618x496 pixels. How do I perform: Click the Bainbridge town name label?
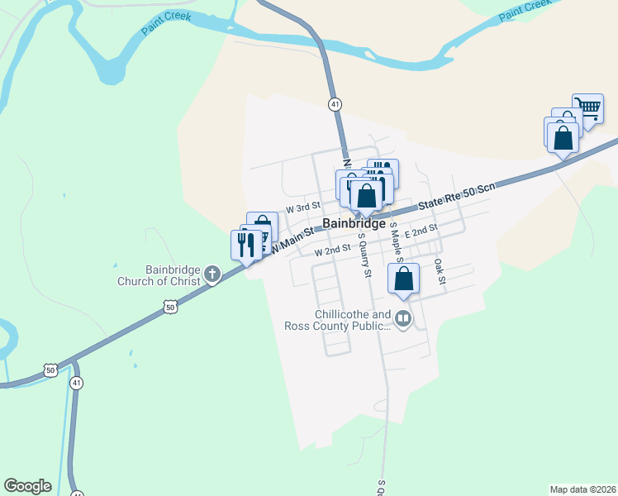(x=354, y=224)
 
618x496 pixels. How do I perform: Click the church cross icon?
(x=212, y=274)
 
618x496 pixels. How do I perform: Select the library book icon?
(x=402, y=317)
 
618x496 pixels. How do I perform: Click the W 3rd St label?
(x=302, y=209)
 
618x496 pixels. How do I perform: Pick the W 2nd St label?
(x=332, y=250)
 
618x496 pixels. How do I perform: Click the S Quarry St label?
(x=363, y=255)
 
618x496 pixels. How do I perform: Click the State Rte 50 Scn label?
(x=456, y=195)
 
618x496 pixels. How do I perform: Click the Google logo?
(x=27, y=486)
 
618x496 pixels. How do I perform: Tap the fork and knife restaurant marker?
(x=245, y=246)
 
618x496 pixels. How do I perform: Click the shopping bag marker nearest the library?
(x=403, y=279)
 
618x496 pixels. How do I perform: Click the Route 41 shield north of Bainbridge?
(x=335, y=104)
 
